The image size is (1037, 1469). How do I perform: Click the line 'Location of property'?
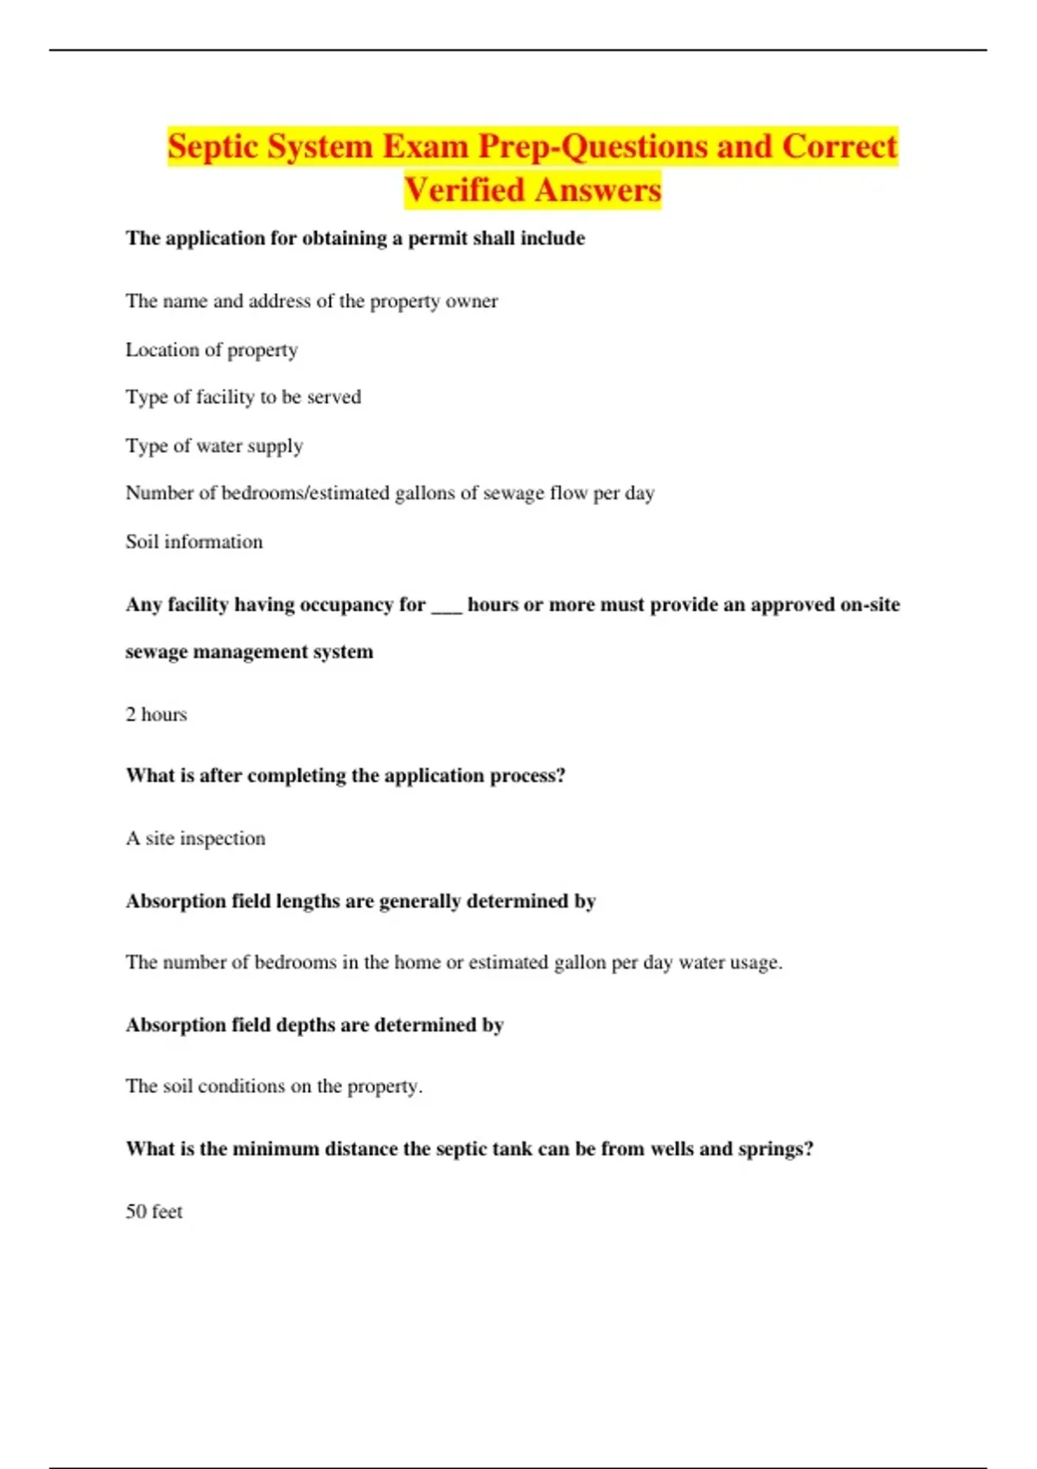(212, 350)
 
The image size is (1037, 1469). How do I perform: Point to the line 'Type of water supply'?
(214, 446)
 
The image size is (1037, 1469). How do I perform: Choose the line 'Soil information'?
(194, 542)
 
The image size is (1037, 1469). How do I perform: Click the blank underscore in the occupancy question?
(446, 605)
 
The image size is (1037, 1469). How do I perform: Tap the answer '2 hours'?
(156, 715)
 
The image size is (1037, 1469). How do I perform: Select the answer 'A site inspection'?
(196, 838)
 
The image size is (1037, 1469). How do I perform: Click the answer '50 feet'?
(154, 1211)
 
